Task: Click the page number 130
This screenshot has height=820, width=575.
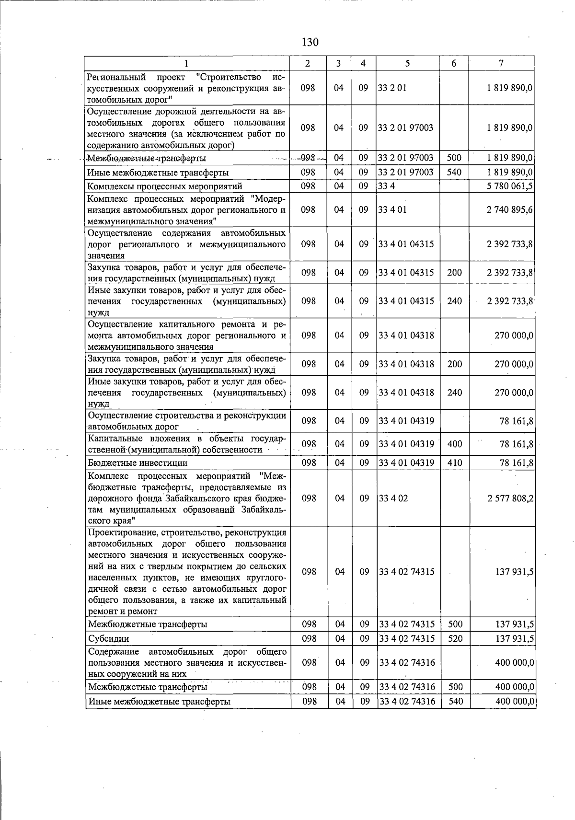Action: click(x=310, y=42)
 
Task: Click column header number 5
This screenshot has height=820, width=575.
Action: click(x=407, y=63)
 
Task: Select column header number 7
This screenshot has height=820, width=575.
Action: click(x=501, y=63)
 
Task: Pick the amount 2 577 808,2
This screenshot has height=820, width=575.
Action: click(x=510, y=498)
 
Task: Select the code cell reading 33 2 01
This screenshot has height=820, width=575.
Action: click(x=392, y=88)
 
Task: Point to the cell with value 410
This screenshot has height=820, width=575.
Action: click(x=454, y=463)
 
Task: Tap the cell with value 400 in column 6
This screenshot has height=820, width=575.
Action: click(x=454, y=444)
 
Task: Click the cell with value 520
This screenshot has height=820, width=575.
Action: click(x=454, y=638)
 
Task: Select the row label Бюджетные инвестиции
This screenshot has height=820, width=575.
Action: click(x=138, y=463)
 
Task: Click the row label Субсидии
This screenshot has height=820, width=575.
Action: click(x=108, y=638)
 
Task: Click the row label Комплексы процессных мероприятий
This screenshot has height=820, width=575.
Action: click(x=164, y=186)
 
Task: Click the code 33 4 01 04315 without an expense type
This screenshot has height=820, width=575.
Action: click(x=406, y=244)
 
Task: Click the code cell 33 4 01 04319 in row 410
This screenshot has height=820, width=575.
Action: click(x=406, y=463)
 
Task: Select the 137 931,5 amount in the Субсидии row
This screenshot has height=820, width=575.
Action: click(x=514, y=638)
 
